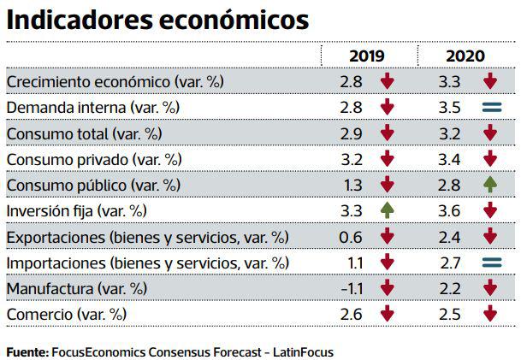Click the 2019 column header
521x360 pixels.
(x=366, y=56)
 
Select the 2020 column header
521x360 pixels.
(x=465, y=56)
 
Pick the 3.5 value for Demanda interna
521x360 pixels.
(x=449, y=108)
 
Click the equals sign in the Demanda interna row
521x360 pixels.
(x=490, y=108)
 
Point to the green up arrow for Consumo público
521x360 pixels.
(x=490, y=186)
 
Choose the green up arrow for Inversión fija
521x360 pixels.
(x=388, y=211)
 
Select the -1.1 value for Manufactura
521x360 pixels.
(x=350, y=288)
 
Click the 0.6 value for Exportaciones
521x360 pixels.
(x=351, y=237)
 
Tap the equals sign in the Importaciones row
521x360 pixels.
(x=490, y=263)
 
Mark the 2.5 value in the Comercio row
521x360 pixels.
(x=449, y=315)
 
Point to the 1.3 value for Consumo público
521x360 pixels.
(x=351, y=186)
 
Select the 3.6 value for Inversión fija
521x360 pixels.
(x=449, y=211)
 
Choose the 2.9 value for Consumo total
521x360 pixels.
(x=351, y=133)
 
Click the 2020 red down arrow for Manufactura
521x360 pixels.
(x=490, y=288)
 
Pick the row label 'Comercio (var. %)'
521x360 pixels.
(x=66, y=315)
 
